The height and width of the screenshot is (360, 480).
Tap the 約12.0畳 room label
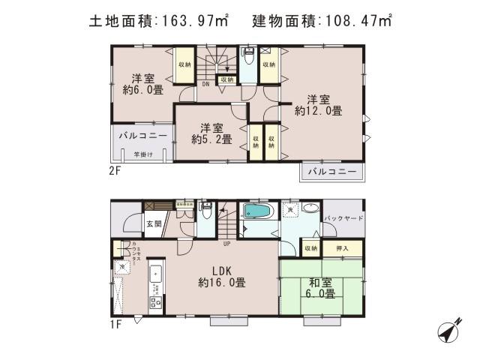tap(318, 105)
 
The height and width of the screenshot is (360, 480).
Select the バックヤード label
tap(344, 218)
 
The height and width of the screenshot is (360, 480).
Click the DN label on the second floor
tap(206, 85)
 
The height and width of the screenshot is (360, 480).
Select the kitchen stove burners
tap(157, 304)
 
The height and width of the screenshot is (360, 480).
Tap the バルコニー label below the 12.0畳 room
tap(331, 172)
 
